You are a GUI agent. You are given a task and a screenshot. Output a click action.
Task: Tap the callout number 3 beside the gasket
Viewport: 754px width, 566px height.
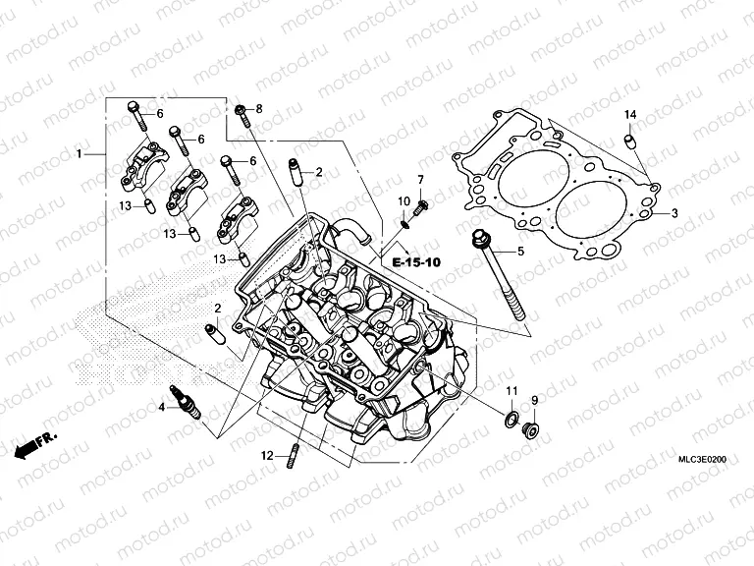coord(674,213)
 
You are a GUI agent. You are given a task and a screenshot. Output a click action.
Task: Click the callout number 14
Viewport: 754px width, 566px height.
coord(631,116)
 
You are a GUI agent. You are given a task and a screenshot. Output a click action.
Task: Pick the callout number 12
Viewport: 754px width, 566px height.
coord(265,455)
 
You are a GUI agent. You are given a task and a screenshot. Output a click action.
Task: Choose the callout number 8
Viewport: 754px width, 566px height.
coord(259,108)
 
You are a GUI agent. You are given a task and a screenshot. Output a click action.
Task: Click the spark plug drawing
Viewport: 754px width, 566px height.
coord(187,400)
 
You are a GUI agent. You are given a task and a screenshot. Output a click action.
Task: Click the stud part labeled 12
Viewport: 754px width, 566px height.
coord(293,457)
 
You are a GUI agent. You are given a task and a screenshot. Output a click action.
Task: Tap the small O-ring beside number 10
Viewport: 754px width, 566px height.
coord(404,222)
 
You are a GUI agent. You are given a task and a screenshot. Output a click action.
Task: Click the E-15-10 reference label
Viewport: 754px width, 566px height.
coord(416,263)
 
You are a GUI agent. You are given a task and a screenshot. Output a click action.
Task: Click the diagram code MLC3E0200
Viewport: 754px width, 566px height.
coord(704,459)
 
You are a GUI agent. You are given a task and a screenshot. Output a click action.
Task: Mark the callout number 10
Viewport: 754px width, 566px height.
coord(404,201)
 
